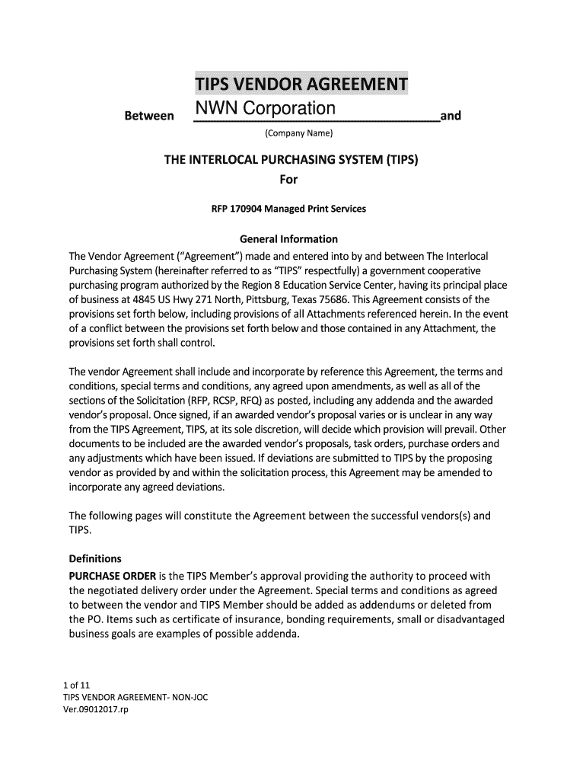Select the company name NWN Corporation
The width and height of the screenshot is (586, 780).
tap(264, 108)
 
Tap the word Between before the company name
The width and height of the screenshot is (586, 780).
tap(148, 117)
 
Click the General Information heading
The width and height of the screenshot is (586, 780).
tap(288, 239)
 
